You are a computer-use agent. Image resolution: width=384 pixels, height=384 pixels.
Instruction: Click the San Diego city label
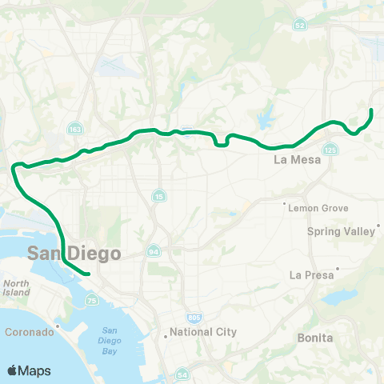pyautogui.click(x=74, y=253)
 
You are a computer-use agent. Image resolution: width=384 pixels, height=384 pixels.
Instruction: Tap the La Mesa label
pyautogui.click(x=297, y=159)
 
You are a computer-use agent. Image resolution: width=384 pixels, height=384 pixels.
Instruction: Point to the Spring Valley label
pyautogui.click(x=342, y=231)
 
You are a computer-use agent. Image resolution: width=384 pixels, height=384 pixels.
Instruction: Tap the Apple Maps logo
pyautogui.click(x=29, y=370)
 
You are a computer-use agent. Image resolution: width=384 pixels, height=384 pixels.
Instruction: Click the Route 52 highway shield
pyautogui.click(x=299, y=26)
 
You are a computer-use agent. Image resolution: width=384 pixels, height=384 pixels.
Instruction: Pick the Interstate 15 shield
pyautogui.click(x=159, y=196)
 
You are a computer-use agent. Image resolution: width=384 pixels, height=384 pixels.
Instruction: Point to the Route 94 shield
pyautogui.click(x=153, y=251)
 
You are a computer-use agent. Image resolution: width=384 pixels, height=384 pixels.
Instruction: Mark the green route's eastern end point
pyautogui.click(x=372, y=110)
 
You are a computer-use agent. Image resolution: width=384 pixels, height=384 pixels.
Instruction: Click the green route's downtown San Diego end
pyautogui.click(x=87, y=275)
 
